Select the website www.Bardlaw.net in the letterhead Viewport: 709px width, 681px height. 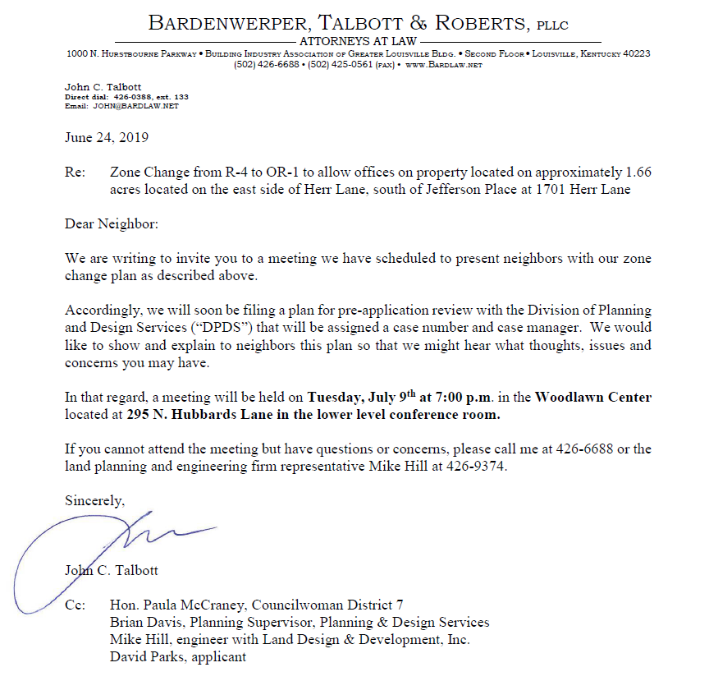(x=444, y=64)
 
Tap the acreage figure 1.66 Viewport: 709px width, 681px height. (x=638, y=173)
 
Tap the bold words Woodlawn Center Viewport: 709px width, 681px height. (x=593, y=398)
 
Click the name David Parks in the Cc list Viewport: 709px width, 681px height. (x=145, y=656)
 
